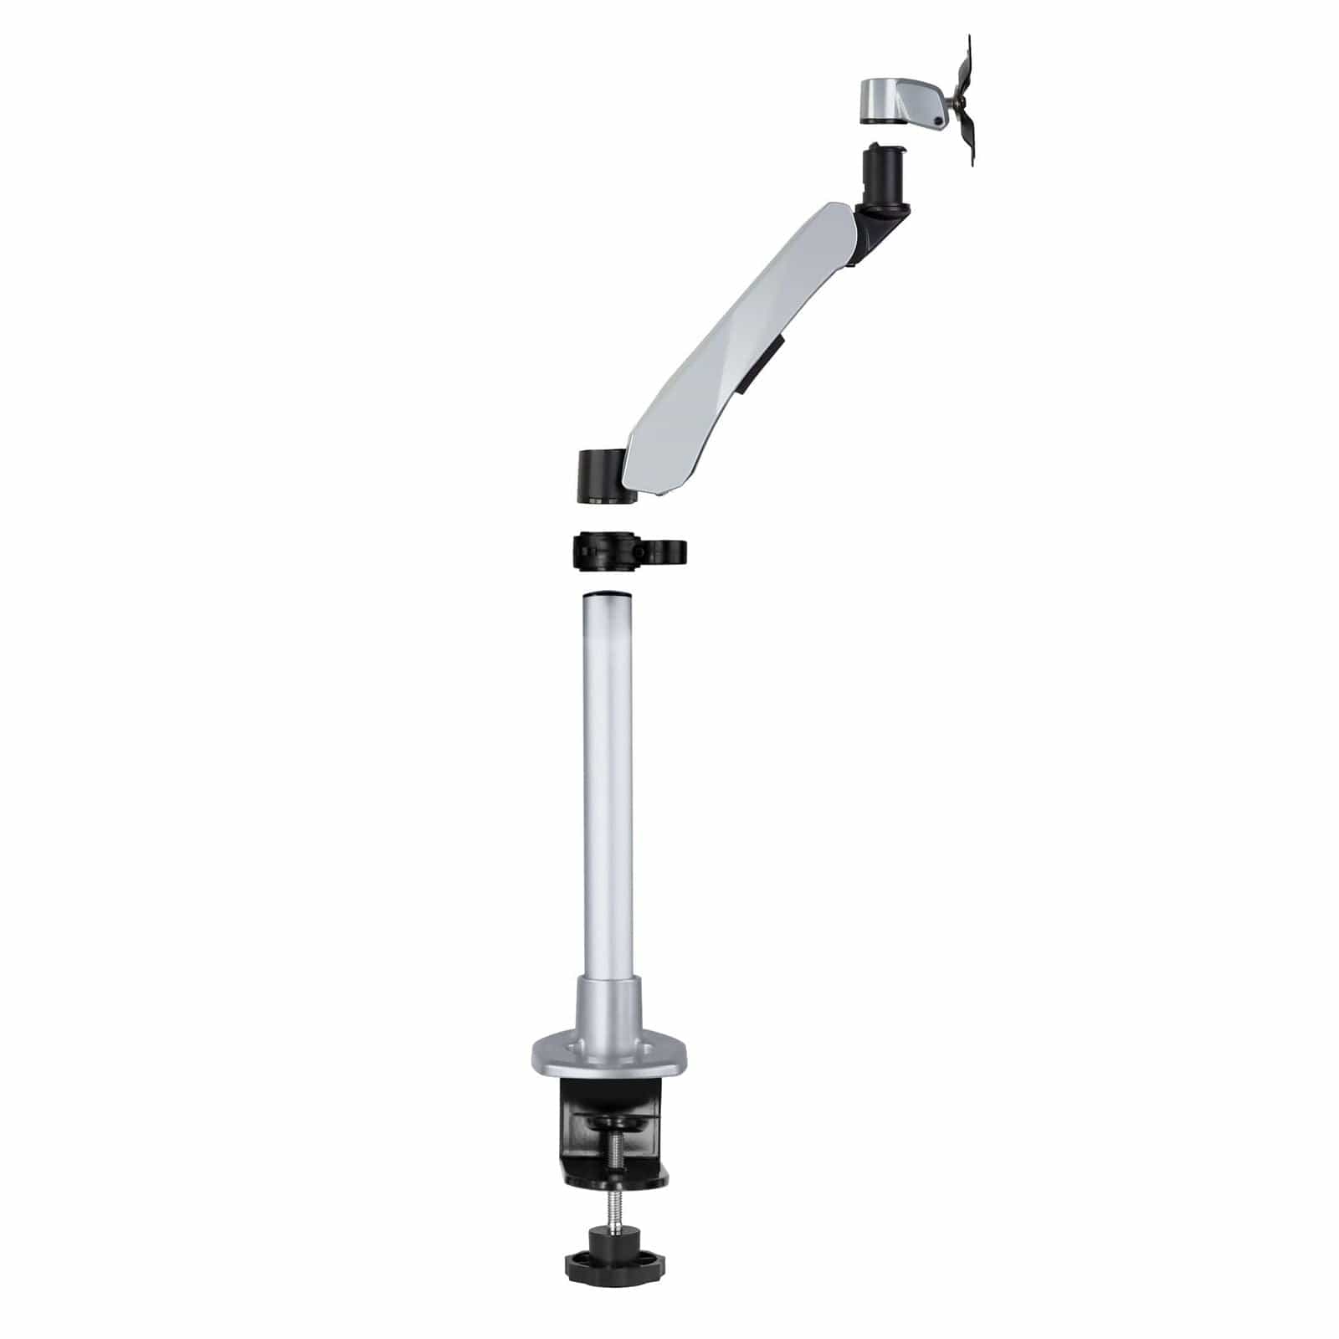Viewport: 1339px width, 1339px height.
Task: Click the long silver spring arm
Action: click(736, 335)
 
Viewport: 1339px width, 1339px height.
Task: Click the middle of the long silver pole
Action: click(608, 787)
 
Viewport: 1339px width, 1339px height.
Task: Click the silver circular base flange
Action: click(608, 1059)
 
